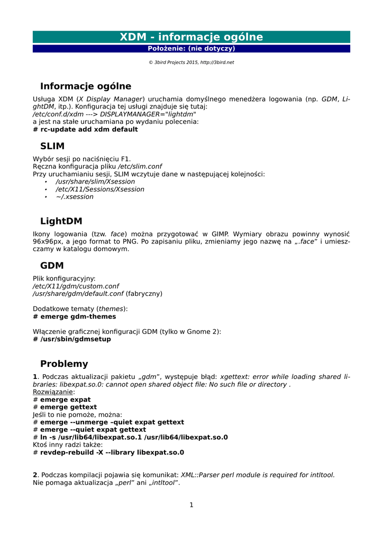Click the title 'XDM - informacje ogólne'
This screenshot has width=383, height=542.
point(191,37)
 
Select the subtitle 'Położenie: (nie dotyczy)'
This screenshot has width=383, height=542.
point(191,49)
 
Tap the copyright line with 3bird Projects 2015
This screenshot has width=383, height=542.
point(191,62)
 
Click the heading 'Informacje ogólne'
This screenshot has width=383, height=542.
point(86,86)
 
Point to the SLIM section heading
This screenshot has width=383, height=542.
point(52,146)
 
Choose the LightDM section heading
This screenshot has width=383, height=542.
point(61,221)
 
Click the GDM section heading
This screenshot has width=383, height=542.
point(52,266)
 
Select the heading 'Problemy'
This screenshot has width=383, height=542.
point(64,364)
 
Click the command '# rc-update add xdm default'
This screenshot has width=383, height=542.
point(85,130)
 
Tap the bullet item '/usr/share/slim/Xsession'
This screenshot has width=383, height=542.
point(95,182)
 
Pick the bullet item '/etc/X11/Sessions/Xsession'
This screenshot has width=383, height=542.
point(100,189)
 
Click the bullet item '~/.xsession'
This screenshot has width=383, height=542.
point(75,197)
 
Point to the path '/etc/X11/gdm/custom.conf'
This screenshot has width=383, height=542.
point(76,286)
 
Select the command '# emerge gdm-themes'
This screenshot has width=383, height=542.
point(75,317)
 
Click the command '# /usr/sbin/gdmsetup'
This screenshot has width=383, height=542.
point(72,339)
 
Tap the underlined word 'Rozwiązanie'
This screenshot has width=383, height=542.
point(53,392)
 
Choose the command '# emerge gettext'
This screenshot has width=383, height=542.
point(65,407)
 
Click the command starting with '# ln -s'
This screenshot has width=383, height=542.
point(130,437)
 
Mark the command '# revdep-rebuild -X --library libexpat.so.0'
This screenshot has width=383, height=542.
point(108,453)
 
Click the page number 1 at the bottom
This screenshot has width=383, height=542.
point(191,505)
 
